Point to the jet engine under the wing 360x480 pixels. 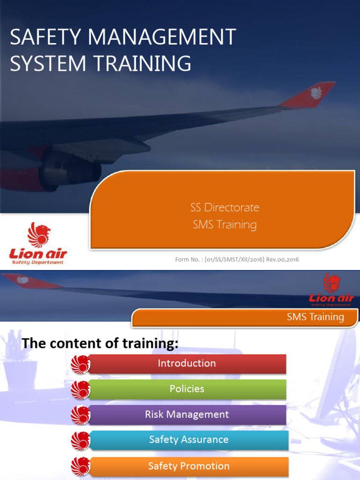point(70,169)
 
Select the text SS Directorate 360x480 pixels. point(225,207)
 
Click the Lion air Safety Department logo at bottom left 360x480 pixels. point(38,244)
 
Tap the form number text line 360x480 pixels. point(237,260)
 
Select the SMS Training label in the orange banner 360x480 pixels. point(315,317)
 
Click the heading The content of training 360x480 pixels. point(100,344)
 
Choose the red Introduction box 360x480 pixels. point(187,363)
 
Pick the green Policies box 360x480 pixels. point(187,389)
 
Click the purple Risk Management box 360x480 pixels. point(187,414)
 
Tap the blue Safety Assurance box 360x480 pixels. point(189,440)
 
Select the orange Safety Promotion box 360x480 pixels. point(189,466)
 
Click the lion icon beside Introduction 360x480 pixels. point(81,364)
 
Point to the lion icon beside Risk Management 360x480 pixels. point(81,415)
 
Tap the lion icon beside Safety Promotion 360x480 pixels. point(81,466)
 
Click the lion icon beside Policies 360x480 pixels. point(81,390)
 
